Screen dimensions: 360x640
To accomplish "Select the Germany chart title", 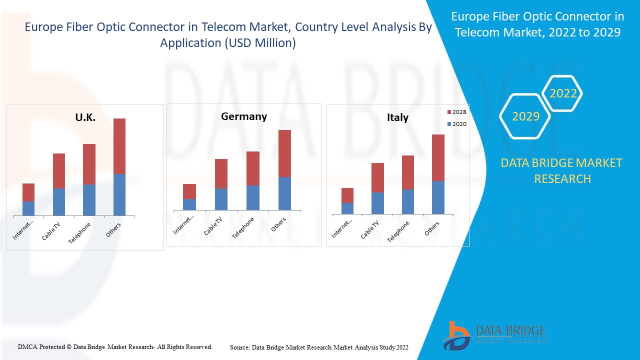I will tap(244, 116).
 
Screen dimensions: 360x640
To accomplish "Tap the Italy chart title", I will tap(397, 117).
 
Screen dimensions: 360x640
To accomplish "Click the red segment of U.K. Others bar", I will tap(119, 146).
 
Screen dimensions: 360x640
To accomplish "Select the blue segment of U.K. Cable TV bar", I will tap(59, 202).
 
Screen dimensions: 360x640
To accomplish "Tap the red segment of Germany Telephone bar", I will tap(252, 168).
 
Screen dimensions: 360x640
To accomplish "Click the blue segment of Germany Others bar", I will tap(284, 193).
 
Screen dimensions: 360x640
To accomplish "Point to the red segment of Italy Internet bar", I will tap(347, 195).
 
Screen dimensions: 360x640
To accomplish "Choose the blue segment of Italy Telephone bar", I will tap(408, 202).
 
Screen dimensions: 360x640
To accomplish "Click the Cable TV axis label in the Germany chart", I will tap(213, 226).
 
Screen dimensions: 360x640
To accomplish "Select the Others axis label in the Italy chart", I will tap(432, 228).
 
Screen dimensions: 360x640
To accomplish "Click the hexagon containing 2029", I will tap(525, 116).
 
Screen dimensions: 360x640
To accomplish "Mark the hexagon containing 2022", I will tap(563, 93).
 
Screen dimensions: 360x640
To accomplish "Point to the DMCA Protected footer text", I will tap(115, 346).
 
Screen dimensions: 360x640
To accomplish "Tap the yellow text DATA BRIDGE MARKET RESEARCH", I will tap(561, 171).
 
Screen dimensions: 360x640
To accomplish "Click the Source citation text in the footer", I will tap(319, 347).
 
